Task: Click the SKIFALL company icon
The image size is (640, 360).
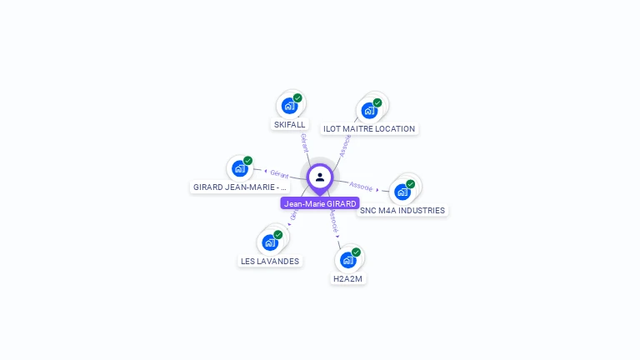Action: [x=289, y=106]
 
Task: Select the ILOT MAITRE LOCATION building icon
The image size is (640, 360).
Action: [x=369, y=110]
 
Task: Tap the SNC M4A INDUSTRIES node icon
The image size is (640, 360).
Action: [x=402, y=192]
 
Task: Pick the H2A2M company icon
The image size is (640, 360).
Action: [x=348, y=259]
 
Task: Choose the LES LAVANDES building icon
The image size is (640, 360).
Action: [x=270, y=242]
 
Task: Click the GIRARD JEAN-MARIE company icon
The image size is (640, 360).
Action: [x=240, y=168]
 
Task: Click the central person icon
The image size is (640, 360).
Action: [x=320, y=177]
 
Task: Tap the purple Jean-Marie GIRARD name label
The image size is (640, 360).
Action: [x=320, y=203]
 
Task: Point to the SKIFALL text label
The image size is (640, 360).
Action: [x=290, y=125]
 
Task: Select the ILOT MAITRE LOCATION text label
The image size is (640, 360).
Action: [x=369, y=129]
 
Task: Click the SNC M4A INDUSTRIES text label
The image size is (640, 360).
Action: [x=402, y=211]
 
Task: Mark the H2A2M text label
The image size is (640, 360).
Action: [x=347, y=278]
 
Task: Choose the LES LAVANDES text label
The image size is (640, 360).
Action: [x=270, y=261]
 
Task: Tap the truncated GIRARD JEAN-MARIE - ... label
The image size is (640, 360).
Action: [x=240, y=187]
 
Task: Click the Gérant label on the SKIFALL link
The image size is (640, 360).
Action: [x=304, y=142]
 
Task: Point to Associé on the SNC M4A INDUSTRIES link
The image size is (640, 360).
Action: [x=361, y=185]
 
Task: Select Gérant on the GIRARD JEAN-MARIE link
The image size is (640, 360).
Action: [x=279, y=174]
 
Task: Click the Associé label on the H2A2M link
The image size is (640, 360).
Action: [x=333, y=220]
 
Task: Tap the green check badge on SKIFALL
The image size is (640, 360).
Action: [x=297, y=97]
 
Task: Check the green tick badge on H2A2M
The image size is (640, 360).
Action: [x=356, y=252]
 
